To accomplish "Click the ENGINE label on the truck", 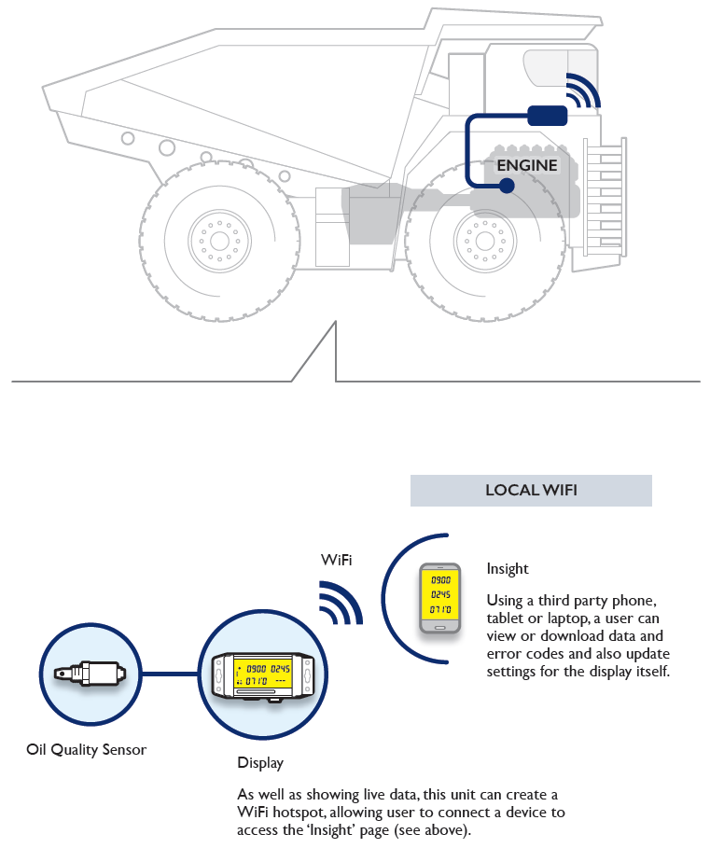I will point(527,166).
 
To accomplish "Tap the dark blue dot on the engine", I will point(507,186).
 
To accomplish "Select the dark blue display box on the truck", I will point(547,115).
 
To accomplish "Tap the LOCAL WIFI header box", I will point(531,491).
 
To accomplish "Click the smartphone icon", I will point(439,599).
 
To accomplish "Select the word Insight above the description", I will point(508,569).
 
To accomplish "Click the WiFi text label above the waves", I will point(337,560).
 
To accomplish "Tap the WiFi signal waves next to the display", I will point(340,604).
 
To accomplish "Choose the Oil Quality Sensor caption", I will point(87,748).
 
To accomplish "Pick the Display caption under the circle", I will point(260,763).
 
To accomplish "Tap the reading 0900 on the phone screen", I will point(439,579).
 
